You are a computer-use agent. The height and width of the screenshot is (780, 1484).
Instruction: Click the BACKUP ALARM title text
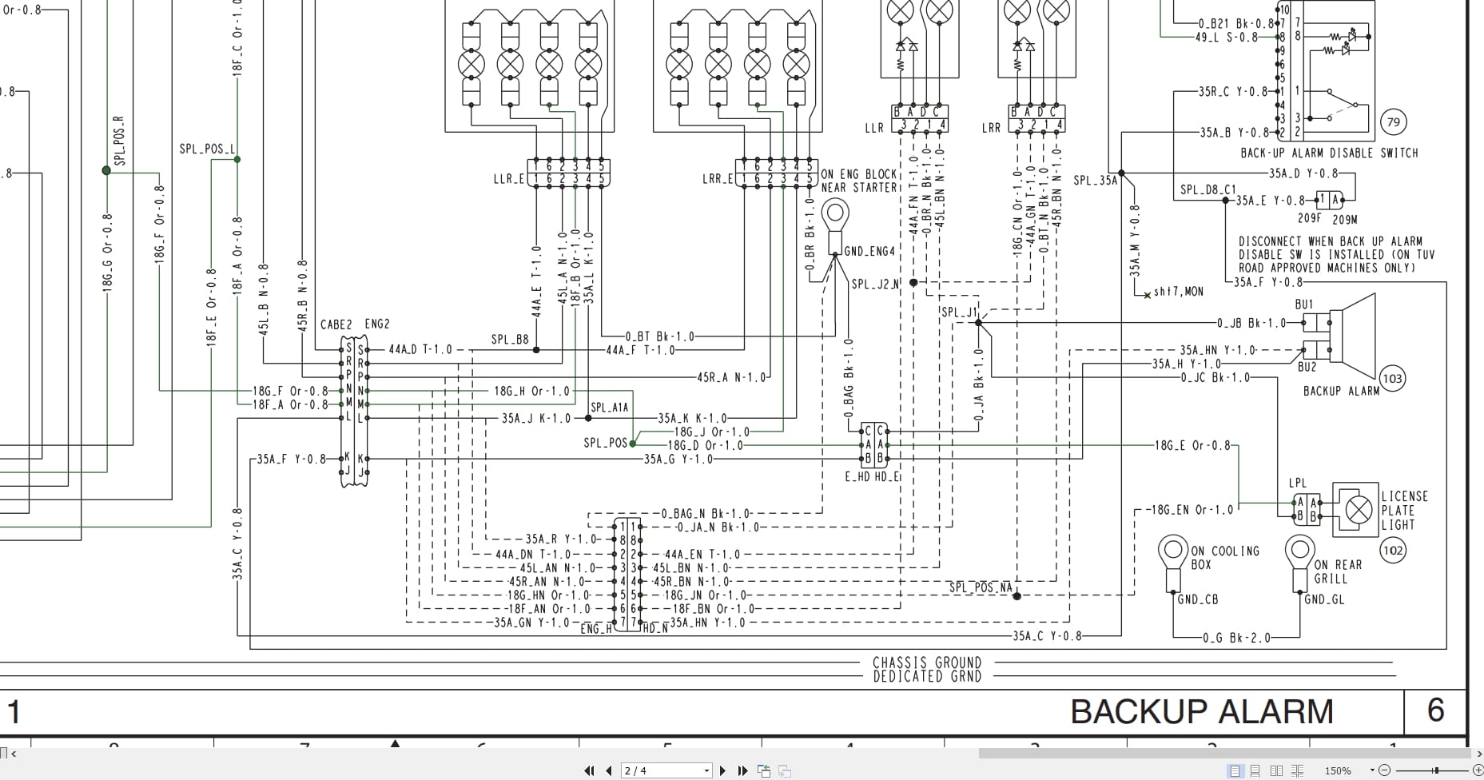point(1201,711)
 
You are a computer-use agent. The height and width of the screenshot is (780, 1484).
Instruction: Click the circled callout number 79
point(1394,122)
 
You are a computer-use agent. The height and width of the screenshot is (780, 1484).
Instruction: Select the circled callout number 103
point(1392,379)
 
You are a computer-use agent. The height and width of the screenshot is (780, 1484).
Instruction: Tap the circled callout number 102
point(1393,550)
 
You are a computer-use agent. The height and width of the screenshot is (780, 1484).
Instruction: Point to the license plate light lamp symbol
point(1359,509)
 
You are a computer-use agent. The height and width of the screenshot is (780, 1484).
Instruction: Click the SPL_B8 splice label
point(510,340)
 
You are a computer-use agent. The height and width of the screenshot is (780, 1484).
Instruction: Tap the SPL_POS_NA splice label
point(980,587)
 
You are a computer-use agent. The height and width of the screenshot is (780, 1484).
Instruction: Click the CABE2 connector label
point(336,324)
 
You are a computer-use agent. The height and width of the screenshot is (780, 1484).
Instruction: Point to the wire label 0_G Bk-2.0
point(1235,638)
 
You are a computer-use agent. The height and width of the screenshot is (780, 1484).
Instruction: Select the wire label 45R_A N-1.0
point(731,377)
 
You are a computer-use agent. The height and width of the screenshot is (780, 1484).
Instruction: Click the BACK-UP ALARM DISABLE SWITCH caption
point(1329,153)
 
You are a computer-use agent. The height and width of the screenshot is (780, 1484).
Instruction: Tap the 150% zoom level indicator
point(1338,770)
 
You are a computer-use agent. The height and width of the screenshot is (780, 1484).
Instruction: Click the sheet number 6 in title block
point(1435,710)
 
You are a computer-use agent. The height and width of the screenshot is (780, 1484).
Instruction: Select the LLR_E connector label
point(508,179)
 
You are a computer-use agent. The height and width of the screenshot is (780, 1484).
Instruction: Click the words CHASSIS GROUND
point(927,663)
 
